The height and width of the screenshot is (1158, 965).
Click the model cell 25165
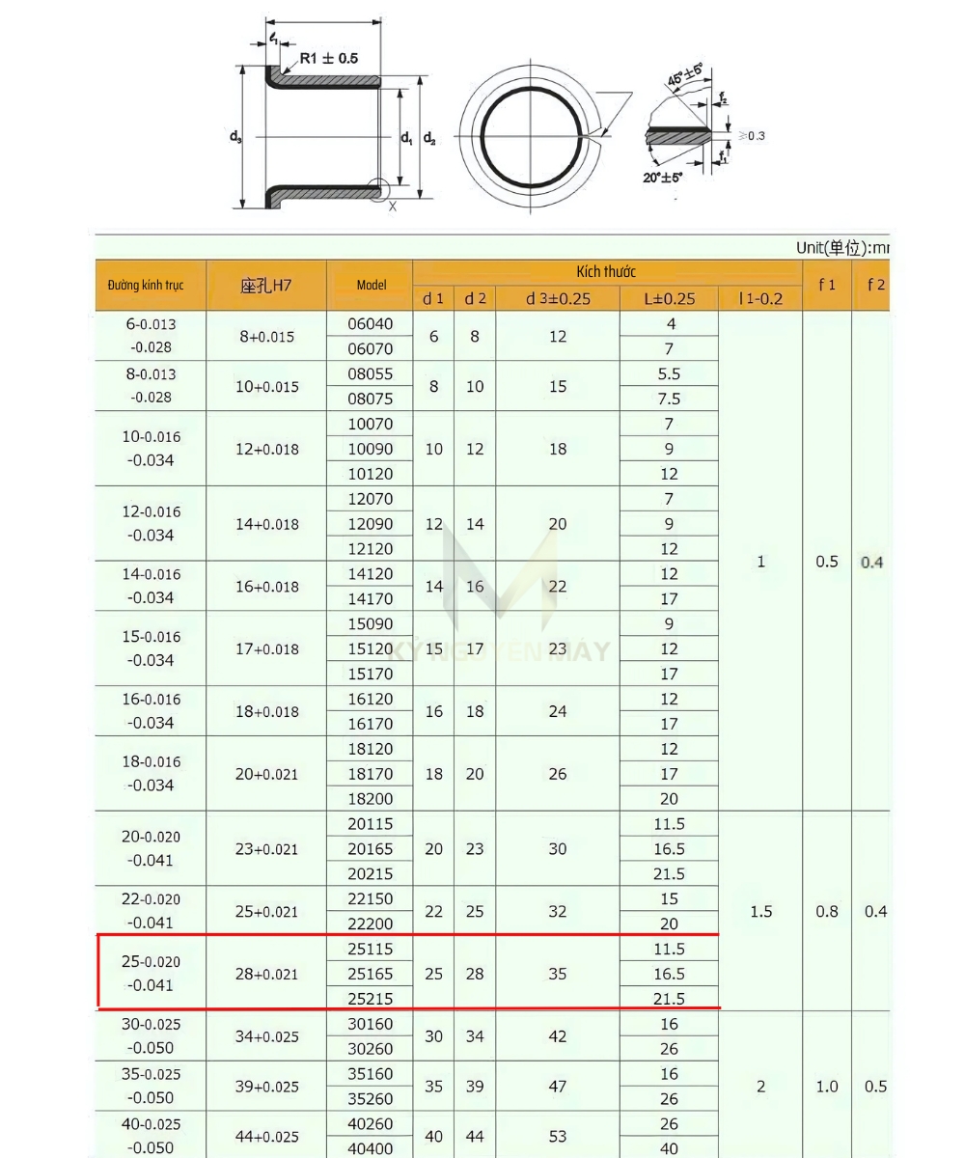pyautogui.click(x=371, y=974)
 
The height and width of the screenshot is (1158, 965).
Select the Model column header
pyautogui.click(x=371, y=285)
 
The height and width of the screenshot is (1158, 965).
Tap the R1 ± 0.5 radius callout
pyautogui.click(x=328, y=59)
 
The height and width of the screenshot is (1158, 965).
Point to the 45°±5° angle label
pyautogui.click(x=686, y=75)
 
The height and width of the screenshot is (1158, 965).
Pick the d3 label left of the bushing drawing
pyautogui.click(x=234, y=137)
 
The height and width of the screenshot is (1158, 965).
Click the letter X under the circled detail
pyautogui.click(x=392, y=206)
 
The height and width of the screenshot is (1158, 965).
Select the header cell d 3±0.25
pyautogui.click(x=558, y=298)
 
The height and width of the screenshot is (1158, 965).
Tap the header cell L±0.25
pyautogui.click(x=669, y=298)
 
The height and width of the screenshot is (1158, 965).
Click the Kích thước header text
pyautogui.click(x=606, y=272)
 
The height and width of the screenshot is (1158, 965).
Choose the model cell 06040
pyautogui.click(x=371, y=324)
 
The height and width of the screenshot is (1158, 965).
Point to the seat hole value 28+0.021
pyautogui.click(x=267, y=974)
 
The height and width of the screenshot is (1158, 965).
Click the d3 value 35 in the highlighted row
pyautogui.click(x=558, y=974)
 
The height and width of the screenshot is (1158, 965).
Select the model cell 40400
pyautogui.click(x=371, y=1148)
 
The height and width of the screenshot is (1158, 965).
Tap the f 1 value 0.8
pyautogui.click(x=827, y=911)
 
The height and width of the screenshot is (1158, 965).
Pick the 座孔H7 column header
pyautogui.click(x=266, y=285)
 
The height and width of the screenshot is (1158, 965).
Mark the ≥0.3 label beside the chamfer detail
pyautogui.click(x=751, y=135)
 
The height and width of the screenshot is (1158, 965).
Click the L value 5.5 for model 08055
pyautogui.click(x=669, y=373)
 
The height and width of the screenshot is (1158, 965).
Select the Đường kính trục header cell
pyautogui.click(x=146, y=286)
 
